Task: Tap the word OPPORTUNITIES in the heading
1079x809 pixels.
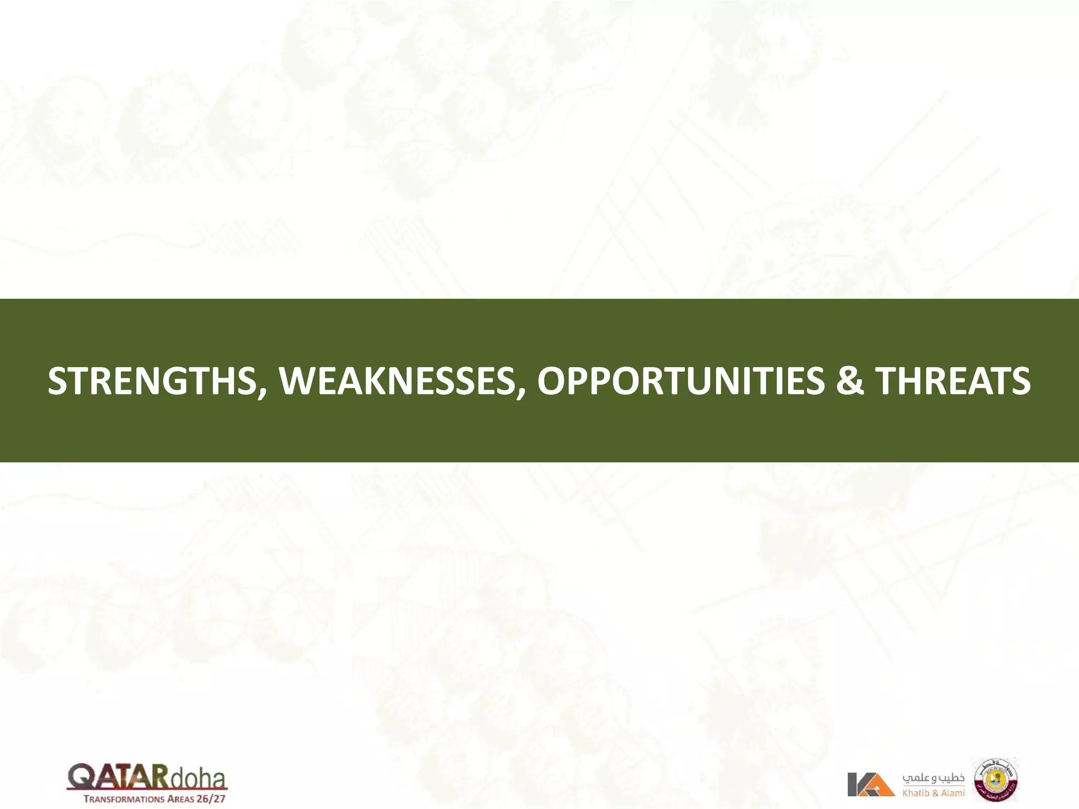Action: coord(680,381)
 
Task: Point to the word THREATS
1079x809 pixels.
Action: coord(953,381)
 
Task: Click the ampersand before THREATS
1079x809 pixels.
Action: coord(849,381)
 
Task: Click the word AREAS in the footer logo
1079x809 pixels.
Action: coord(180,799)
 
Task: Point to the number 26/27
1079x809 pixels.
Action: coord(211,798)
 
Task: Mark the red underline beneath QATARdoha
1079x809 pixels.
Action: coord(147,790)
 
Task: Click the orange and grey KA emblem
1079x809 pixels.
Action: coord(870,784)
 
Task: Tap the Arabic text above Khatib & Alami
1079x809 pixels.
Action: coord(933,778)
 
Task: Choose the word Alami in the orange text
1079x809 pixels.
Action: coord(953,793)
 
